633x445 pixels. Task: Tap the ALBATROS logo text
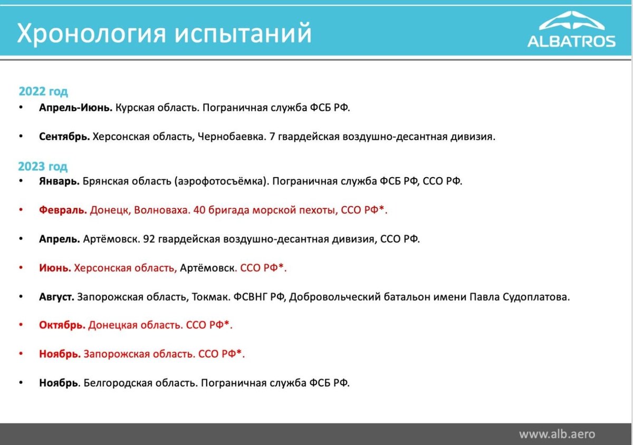point(571,41)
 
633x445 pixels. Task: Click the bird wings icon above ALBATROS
point(572,21)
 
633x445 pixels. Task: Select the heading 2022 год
point(43,92)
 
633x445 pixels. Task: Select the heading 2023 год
point(43,167)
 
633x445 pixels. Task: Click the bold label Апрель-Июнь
point(76,108)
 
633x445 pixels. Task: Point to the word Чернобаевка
point(232,137)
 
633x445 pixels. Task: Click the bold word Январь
point(59,181)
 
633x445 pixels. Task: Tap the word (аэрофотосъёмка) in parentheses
point(222,181)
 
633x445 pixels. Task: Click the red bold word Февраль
point(63,210)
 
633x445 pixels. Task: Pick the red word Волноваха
point(162,210)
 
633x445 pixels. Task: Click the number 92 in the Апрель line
point(149,239)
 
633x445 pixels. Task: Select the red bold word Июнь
point(55,268)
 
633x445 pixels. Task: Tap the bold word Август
point(56,297)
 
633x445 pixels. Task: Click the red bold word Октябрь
point(62,325)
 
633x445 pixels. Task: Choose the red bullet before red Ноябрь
point(21,353)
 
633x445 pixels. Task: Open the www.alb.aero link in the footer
point(557,434)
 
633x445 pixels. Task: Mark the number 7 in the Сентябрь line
point(272,137)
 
